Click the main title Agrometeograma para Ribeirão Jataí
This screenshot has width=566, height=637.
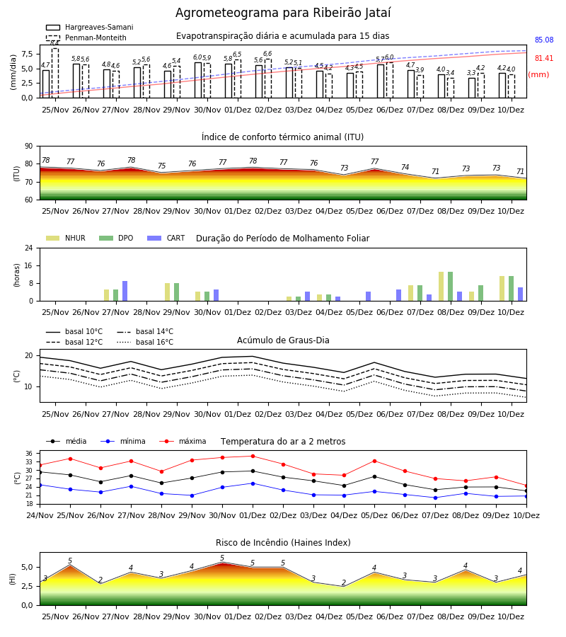pyautogui.click(x=283, y=13)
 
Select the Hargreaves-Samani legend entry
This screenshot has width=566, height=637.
pyautogui.click(x=90, y=27)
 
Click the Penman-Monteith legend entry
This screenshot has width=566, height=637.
pyautogui.click(x=86, y=38)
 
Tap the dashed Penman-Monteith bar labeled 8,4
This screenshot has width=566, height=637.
pyautogui.click(x=55, y=73)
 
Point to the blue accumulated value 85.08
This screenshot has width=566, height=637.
pyautogui.click(x=544, y=40)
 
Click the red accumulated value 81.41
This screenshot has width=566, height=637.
pyautogui.click(x=544, y=58)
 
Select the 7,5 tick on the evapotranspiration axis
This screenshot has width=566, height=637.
pyautogui.click(x=27, y=54)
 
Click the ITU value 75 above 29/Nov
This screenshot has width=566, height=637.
pyautogui.click(x=161, y=166)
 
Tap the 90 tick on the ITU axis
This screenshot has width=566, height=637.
pyautogui.click(x=28, y=147)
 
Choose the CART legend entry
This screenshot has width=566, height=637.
pyautogui.click(x=166, y=238)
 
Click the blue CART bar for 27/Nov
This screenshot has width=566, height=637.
pyautogui.click(x=125, y=291)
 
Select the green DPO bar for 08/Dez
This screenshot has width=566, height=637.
pyautogui.click(x=450, y=287)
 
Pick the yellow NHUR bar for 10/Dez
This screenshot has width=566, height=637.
pyautogui.click(x=502, y=289)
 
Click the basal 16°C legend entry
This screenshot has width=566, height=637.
pyautogui.click(x=145, y=342)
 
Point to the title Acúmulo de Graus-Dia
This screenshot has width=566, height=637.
pyautogui.click(x=283, y=340)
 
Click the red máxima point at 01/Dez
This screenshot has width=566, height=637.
pyautogui.click(x=253, y=457)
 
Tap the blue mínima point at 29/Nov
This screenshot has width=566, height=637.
pyautogui.click(x=192, y=495)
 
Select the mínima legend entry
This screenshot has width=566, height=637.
pyautogui.click(x=123, y=441)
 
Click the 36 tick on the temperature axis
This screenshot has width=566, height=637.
pyautogui.click(x=29, y=454)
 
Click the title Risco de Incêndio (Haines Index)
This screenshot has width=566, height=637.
pyautogui.click(x=283, y=543)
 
